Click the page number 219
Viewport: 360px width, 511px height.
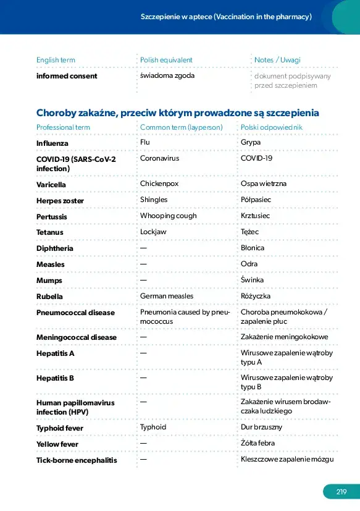341,492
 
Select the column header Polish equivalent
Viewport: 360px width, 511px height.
166,60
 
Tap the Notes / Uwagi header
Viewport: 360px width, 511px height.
277,60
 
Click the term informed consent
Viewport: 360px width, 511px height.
67,76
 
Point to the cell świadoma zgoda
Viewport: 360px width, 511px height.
167,75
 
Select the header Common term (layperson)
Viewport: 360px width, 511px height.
182,127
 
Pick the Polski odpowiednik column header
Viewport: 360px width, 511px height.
271,127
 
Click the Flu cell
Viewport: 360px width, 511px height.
145,142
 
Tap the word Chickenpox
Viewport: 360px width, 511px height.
159,184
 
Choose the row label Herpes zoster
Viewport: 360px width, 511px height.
60,201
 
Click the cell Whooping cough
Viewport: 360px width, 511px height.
169,216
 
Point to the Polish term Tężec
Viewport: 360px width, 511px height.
249,232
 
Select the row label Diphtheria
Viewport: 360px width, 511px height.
55,248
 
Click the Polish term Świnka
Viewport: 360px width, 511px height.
252,280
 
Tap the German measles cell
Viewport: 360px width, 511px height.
167,296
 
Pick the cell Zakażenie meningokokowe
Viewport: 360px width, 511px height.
285,337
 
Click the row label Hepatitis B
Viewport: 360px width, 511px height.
55,378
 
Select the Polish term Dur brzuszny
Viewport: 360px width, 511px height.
261,427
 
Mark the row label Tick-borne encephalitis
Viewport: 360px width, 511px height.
77,460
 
